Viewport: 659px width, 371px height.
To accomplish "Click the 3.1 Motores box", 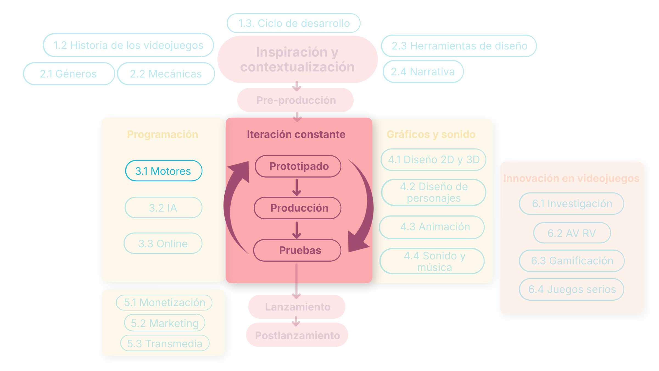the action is click(164, 171).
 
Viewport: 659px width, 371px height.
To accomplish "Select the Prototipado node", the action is click(298, 166).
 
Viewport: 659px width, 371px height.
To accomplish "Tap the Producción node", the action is click(298, 208).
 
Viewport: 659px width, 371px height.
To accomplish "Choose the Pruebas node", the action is click(297, 250).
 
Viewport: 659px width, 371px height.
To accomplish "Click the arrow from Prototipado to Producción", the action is click(297, 187).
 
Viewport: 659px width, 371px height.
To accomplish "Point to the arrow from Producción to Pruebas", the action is click(297, 230).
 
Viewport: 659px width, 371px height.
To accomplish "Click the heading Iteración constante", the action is click(296, 134).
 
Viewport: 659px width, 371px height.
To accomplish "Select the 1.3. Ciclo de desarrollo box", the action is click(294, 23).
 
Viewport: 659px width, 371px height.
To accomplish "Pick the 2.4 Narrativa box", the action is click(423, 71).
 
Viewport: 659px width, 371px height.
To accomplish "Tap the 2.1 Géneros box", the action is click(69, 74).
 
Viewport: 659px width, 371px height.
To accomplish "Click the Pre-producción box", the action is click(295, 100).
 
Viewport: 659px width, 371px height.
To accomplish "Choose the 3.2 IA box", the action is click(163, 207).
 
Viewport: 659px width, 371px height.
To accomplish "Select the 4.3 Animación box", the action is click(432, 227).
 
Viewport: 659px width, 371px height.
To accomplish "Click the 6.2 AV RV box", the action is click(572, 233).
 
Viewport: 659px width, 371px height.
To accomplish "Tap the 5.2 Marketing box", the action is click(164, 323).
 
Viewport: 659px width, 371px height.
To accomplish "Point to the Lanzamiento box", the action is click(297, 307).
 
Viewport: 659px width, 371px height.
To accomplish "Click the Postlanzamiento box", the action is click(297, 335).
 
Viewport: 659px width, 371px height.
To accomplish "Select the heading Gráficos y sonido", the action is click(431, 134).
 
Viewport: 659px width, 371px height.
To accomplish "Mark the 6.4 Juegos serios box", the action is click(572, 289).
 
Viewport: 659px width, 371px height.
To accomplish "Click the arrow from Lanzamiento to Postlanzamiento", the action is click(296, 321).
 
